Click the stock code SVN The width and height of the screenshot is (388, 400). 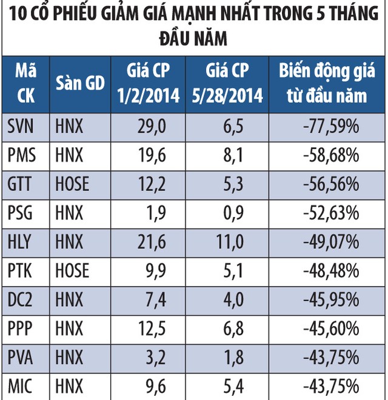pyautogui.click(x=22, y=127)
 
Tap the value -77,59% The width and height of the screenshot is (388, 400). pyautogui.click(x=332, y=127)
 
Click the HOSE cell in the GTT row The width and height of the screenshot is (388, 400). pyautogui.click(x=72, y=184)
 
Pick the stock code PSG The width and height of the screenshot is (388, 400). pyautogui.click(x=22, y=212)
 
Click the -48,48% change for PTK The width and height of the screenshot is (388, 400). pyautogui.click(x=332, y=269)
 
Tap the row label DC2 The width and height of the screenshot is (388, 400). pyautogui.click(x=22, y=298)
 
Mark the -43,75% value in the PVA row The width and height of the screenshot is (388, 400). pyautogui.click(x=332, y=355)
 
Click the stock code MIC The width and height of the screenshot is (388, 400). pyautogui.click(x=22, y=383)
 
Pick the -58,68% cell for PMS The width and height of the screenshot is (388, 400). pyautogui.click(x=332, y=155)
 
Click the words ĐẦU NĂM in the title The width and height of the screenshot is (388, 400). pyautogui.click(x=193, y=39)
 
